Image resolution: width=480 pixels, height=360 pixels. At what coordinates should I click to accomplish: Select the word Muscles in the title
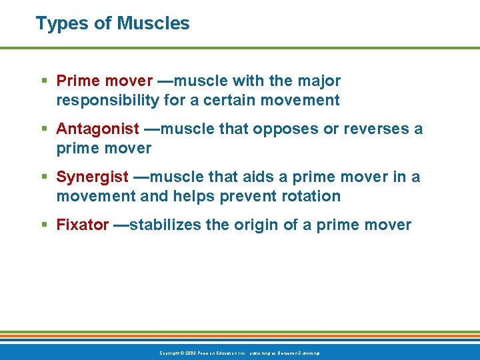click(153, 23)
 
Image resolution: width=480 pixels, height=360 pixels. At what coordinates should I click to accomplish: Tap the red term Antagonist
click(98, 129)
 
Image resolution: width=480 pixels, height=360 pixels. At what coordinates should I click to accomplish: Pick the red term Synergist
click(93, 177)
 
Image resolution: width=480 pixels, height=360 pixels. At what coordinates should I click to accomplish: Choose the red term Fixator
click(83, 225)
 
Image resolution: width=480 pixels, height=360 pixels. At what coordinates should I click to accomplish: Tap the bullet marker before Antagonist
click(45, 129)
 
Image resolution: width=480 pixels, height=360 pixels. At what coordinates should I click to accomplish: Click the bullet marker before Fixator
click(45, 225)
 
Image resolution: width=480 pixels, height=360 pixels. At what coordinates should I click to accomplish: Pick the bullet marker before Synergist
click(45, 177)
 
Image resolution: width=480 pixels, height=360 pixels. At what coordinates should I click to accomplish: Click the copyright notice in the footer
click(239, 353)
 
